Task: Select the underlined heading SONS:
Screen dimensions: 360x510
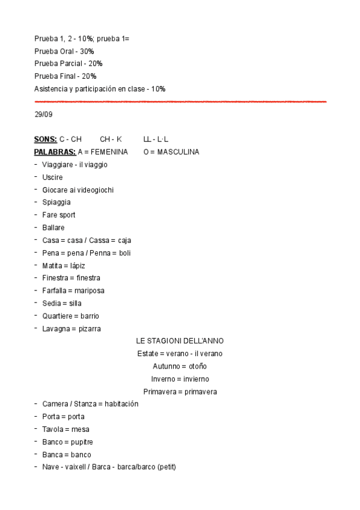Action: pos(46,139)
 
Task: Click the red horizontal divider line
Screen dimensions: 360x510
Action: pos(180,102)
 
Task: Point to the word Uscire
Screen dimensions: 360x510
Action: pos(52,177)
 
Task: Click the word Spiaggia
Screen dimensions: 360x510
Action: pos(56,202)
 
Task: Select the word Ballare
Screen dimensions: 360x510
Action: pos(53,227)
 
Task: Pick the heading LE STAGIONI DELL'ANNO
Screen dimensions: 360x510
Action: pos(180,341)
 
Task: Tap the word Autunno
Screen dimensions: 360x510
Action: pos(166,366)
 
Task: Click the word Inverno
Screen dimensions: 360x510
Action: pos(164,379)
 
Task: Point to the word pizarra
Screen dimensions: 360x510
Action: pos(88,328)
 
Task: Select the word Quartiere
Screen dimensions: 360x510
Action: pos(58,316)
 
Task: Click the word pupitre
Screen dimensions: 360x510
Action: pos(81,442)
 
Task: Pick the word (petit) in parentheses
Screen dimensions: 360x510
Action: pos(165,467)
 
